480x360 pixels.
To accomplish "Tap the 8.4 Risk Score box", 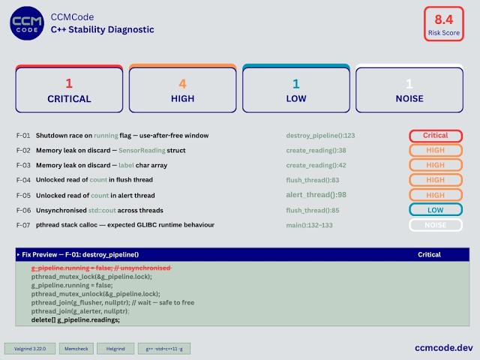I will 439,22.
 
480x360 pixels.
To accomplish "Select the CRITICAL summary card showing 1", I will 68,89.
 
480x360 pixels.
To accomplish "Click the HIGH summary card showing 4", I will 183,89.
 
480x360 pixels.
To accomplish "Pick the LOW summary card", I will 295,89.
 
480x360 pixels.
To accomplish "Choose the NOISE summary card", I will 409,89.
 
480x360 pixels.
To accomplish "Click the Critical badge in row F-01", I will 435,136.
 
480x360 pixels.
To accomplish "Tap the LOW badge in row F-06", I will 435,210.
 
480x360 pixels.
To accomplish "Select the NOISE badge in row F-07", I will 435,225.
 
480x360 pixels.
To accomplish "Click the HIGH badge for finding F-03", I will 435,165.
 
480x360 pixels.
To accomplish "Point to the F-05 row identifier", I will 23,195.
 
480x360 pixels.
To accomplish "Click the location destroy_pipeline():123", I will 320,136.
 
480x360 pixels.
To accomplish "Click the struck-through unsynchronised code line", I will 100,268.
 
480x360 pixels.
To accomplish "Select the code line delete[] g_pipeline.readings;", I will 75,320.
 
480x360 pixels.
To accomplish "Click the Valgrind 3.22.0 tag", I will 28,349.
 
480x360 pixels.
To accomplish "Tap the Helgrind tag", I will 115,349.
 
